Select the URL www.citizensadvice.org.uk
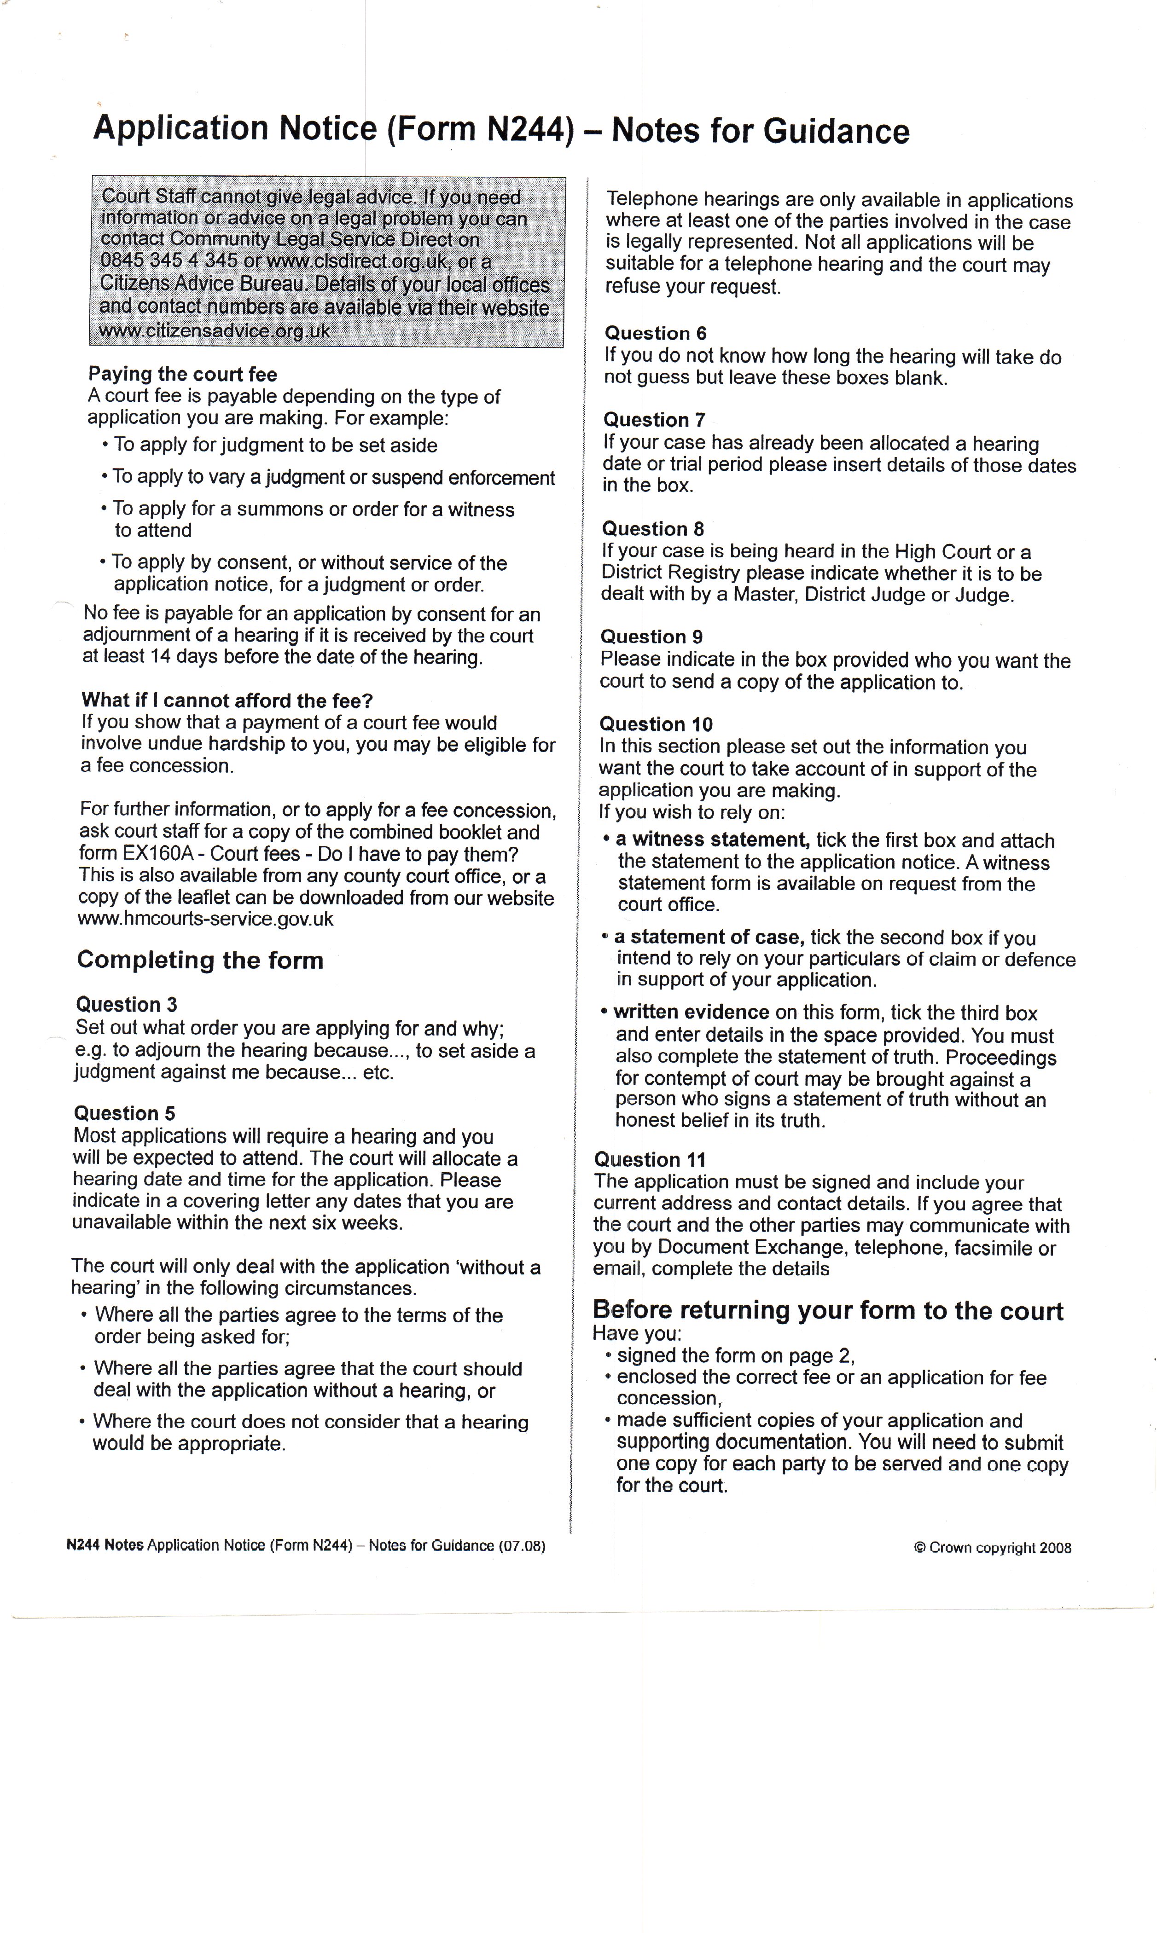click(214, 330)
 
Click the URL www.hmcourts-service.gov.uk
click(206, 919)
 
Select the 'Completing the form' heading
click(200, 960)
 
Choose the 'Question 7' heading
click(655, 420)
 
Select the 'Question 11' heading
click(650, 1159)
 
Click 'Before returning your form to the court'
click(828, 1311)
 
